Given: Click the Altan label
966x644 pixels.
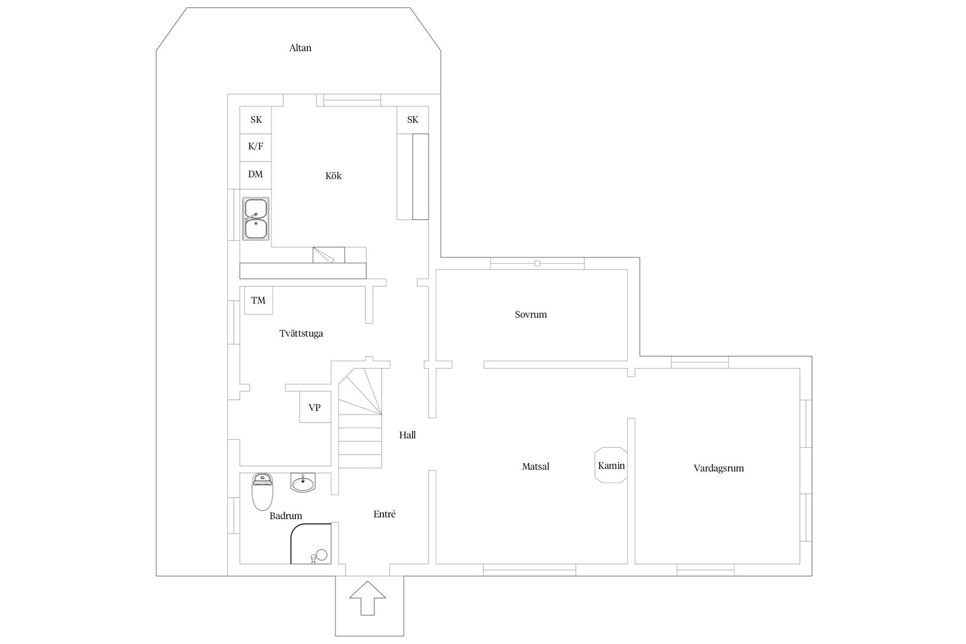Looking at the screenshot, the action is click(x=300, y=48).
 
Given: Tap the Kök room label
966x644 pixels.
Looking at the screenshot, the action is click(x=334, y=176).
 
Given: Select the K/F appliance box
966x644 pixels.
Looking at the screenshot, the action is click(x=256, y=147).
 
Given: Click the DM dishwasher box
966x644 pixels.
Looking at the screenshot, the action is click(x=256, y=175).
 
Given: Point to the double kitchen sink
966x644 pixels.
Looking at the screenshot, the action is click(x=256, y=218).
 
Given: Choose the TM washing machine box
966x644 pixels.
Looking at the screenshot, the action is click(x=259, y=300).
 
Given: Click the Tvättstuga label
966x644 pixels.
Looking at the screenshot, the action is click(x=301, y=334).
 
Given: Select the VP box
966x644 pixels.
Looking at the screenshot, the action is click(x=315, y=407).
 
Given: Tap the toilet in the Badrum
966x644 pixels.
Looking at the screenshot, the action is click(x=262, y=492).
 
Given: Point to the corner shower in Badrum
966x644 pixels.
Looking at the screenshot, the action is click(x=311, y=544).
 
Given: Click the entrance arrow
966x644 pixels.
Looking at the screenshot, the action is click(x=368, y=598).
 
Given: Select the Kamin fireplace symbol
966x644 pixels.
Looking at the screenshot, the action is click(x=611, y=465).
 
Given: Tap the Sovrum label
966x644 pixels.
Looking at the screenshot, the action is click(x=531, y=314).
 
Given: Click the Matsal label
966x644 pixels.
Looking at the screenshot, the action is click(x=536, y=467).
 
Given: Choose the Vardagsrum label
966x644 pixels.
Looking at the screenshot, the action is click(x=718, y=468).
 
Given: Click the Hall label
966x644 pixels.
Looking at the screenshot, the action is click(x=408, y=435).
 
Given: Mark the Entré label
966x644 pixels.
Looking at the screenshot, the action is click(x=384, y=514).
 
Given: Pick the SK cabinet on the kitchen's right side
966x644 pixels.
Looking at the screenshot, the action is click(x=413, y=120).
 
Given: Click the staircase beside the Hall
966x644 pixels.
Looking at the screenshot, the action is click(x=360, y=418).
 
